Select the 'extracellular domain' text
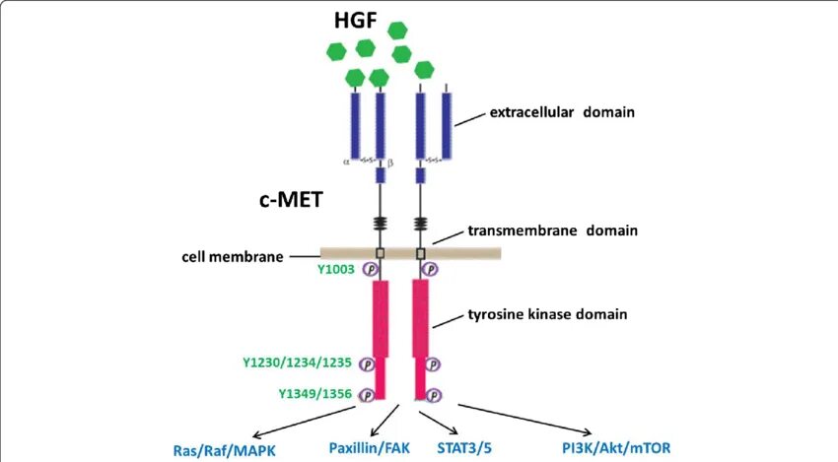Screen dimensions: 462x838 (x=562, y=112)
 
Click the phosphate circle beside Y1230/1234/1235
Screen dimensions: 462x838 (x=367, y=363)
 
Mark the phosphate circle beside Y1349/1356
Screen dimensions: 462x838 (x=367, y=394)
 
